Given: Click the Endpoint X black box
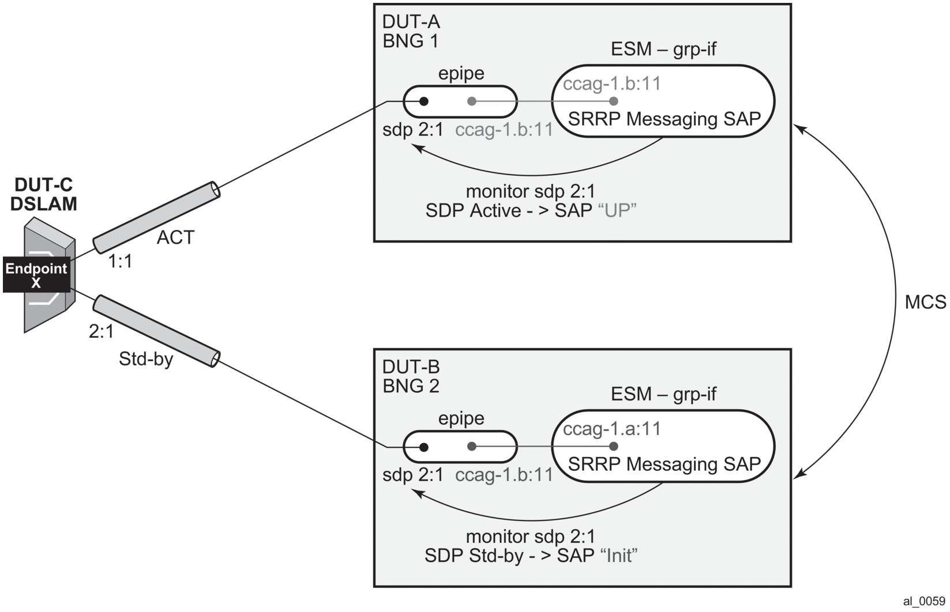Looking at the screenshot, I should [x=36, y=275].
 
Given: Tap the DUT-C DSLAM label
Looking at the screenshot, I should [x=43, y=194].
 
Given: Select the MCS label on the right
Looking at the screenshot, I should [x=925, y=302].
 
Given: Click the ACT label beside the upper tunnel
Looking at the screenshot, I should [x=175, y=237].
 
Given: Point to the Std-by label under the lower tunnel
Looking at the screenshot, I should [x=145, y=360].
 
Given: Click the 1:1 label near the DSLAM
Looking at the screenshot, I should [x=120, y=262].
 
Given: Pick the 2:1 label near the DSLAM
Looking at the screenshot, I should [x=101, y=332].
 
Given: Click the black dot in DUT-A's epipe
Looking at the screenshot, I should [x=423, y=101].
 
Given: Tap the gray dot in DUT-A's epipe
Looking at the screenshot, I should [x=472, y=101].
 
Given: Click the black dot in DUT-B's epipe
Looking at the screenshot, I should [x=423, y=447].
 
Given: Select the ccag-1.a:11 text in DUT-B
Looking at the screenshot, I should [x=611, y=429].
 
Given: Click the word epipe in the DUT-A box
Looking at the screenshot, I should [x=461, y=74].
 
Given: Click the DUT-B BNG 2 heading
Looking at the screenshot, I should [x=411, y=376].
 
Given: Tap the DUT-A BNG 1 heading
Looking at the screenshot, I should [x=411, y=32].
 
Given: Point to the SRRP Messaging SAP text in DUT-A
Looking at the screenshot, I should [x=664, y=119].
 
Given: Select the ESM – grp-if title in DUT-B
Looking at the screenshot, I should [x=663, y=394].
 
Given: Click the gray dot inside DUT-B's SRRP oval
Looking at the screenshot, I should [x=614, y=447].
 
